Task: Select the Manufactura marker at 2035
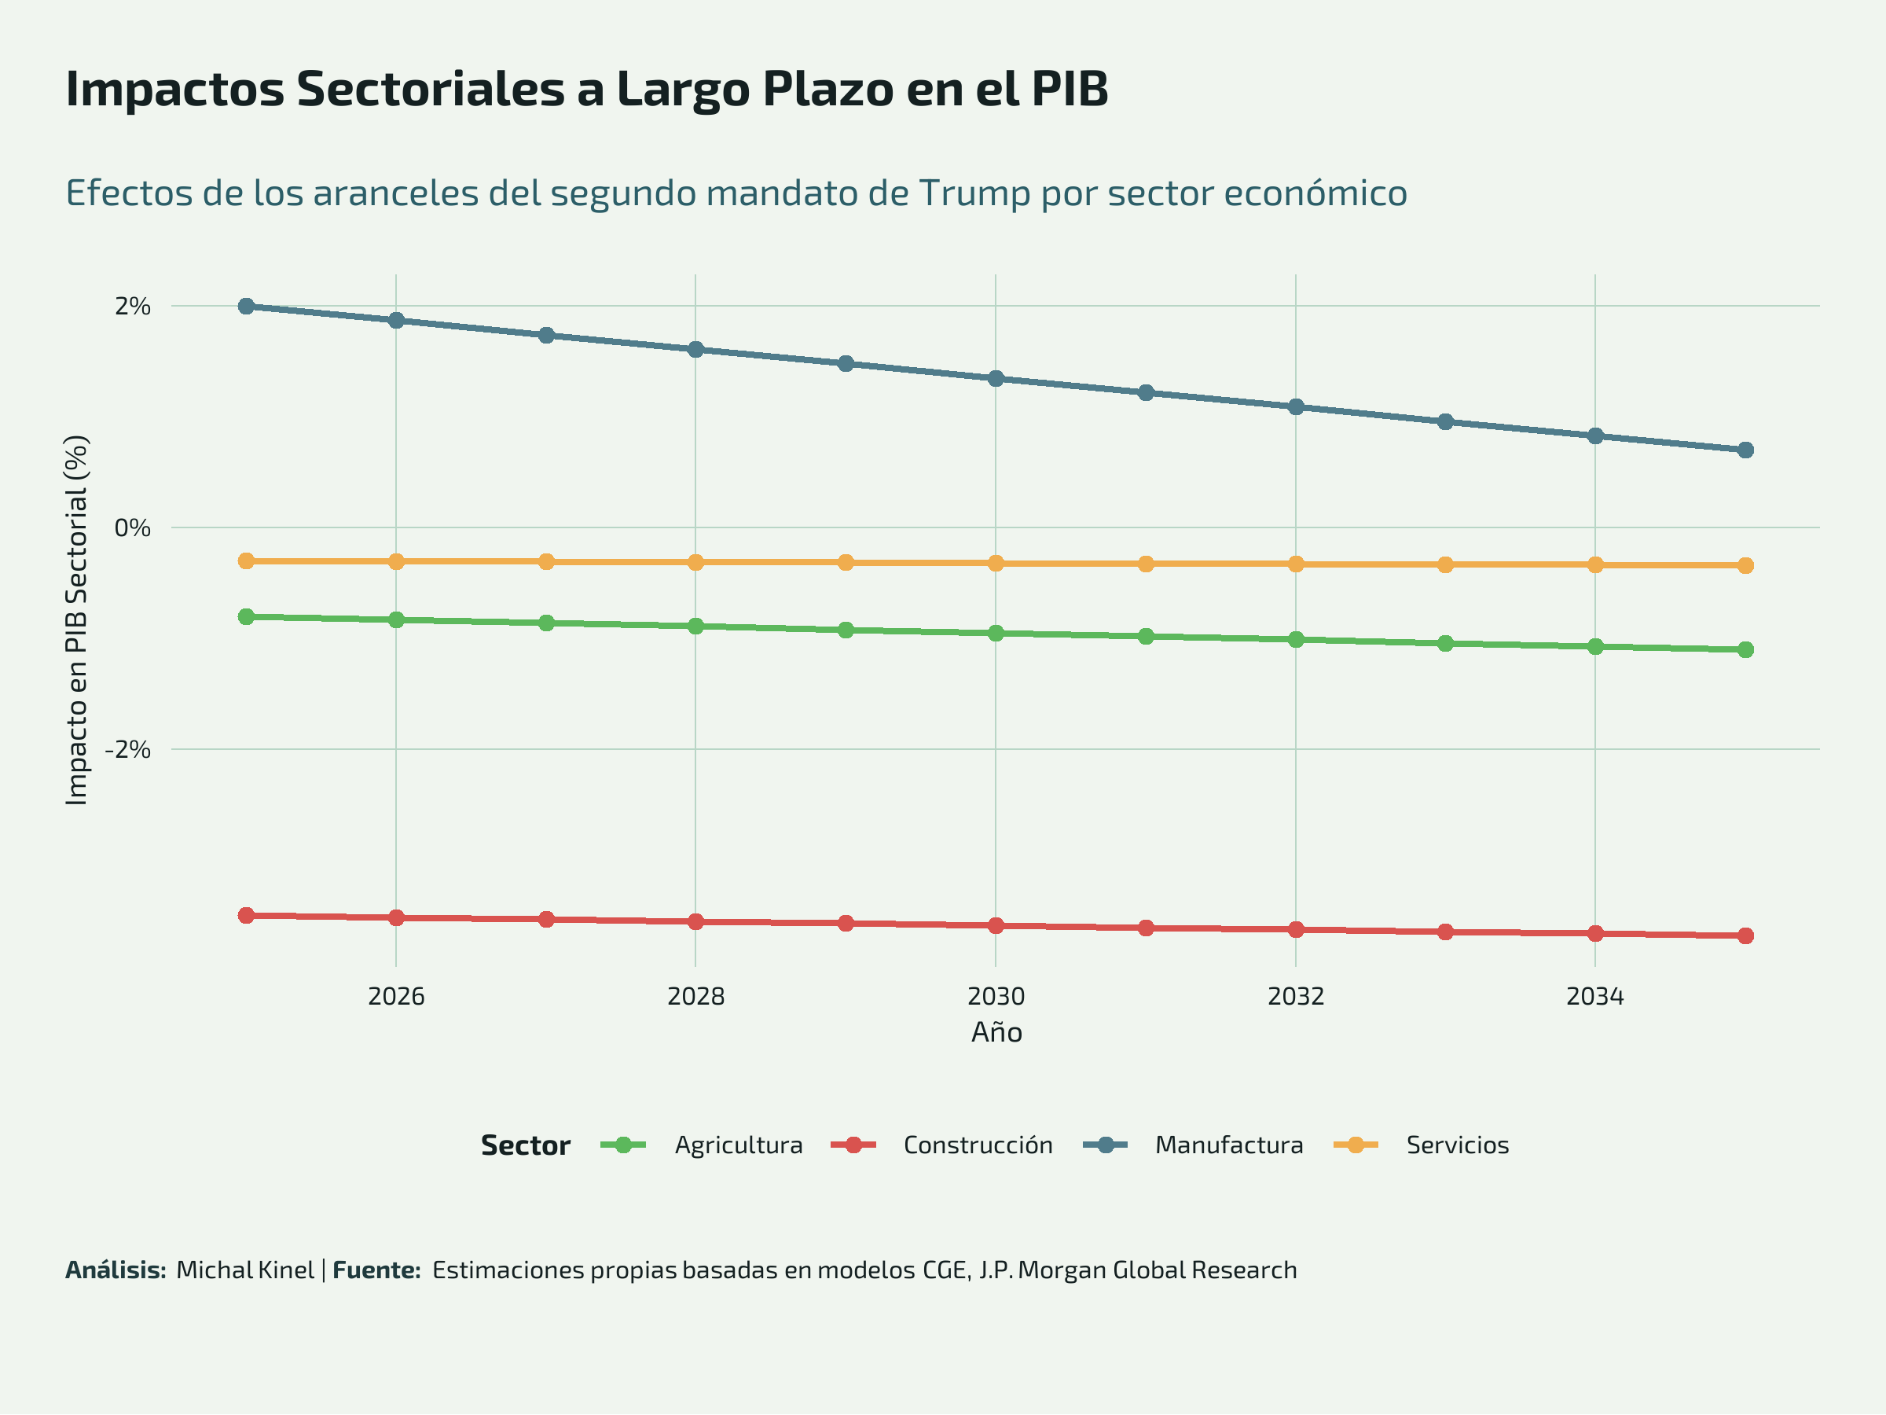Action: [1745, 450]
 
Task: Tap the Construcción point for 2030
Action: [996, 925]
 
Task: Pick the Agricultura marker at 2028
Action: [695, 626]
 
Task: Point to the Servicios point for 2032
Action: [1296, 564]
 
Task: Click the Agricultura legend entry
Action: [739, 1145]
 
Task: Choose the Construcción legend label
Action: [978, 1145]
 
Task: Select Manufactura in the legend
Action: [1228, 1145]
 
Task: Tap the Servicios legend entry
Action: [1457, 1145]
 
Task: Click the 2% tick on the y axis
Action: [133, 307]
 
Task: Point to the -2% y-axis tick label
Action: [128, 750]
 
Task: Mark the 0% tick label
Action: [133, 528]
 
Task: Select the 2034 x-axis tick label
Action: [1595, 996]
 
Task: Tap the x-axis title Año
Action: [996, 1033]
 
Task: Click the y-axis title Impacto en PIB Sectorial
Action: [77, 620]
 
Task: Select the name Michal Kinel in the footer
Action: [245, 1270]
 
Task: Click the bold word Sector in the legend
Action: [525, 1145]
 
